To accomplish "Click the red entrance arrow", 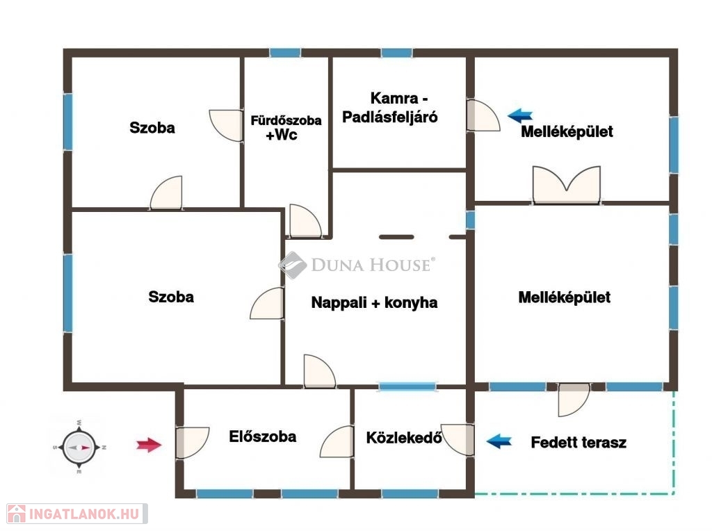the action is point(149,445).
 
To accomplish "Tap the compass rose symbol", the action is point(79,447).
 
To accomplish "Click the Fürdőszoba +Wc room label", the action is point(286,127).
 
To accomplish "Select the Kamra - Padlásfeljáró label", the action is point(389,108).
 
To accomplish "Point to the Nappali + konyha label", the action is point(374,303).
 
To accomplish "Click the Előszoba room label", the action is point(262,436).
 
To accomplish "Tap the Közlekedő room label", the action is point(404,437).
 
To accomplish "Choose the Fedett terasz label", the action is point(578,443).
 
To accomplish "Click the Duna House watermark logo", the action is point(357,265).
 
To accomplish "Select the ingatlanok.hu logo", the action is point(77,514).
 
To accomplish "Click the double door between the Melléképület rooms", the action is point(567,185).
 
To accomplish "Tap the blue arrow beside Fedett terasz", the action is point(499,441).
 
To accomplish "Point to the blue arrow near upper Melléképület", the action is point(520,116).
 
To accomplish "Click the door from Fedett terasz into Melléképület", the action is point(574,400).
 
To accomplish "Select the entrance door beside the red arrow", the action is point(192,443).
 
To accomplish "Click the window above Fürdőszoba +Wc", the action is point(285,53).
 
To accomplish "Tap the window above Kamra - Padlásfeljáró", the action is point(396,53).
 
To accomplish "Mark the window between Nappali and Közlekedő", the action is point(407,386).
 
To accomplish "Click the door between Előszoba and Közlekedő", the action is point(337,441).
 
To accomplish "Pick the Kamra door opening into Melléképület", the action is point(483,115).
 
